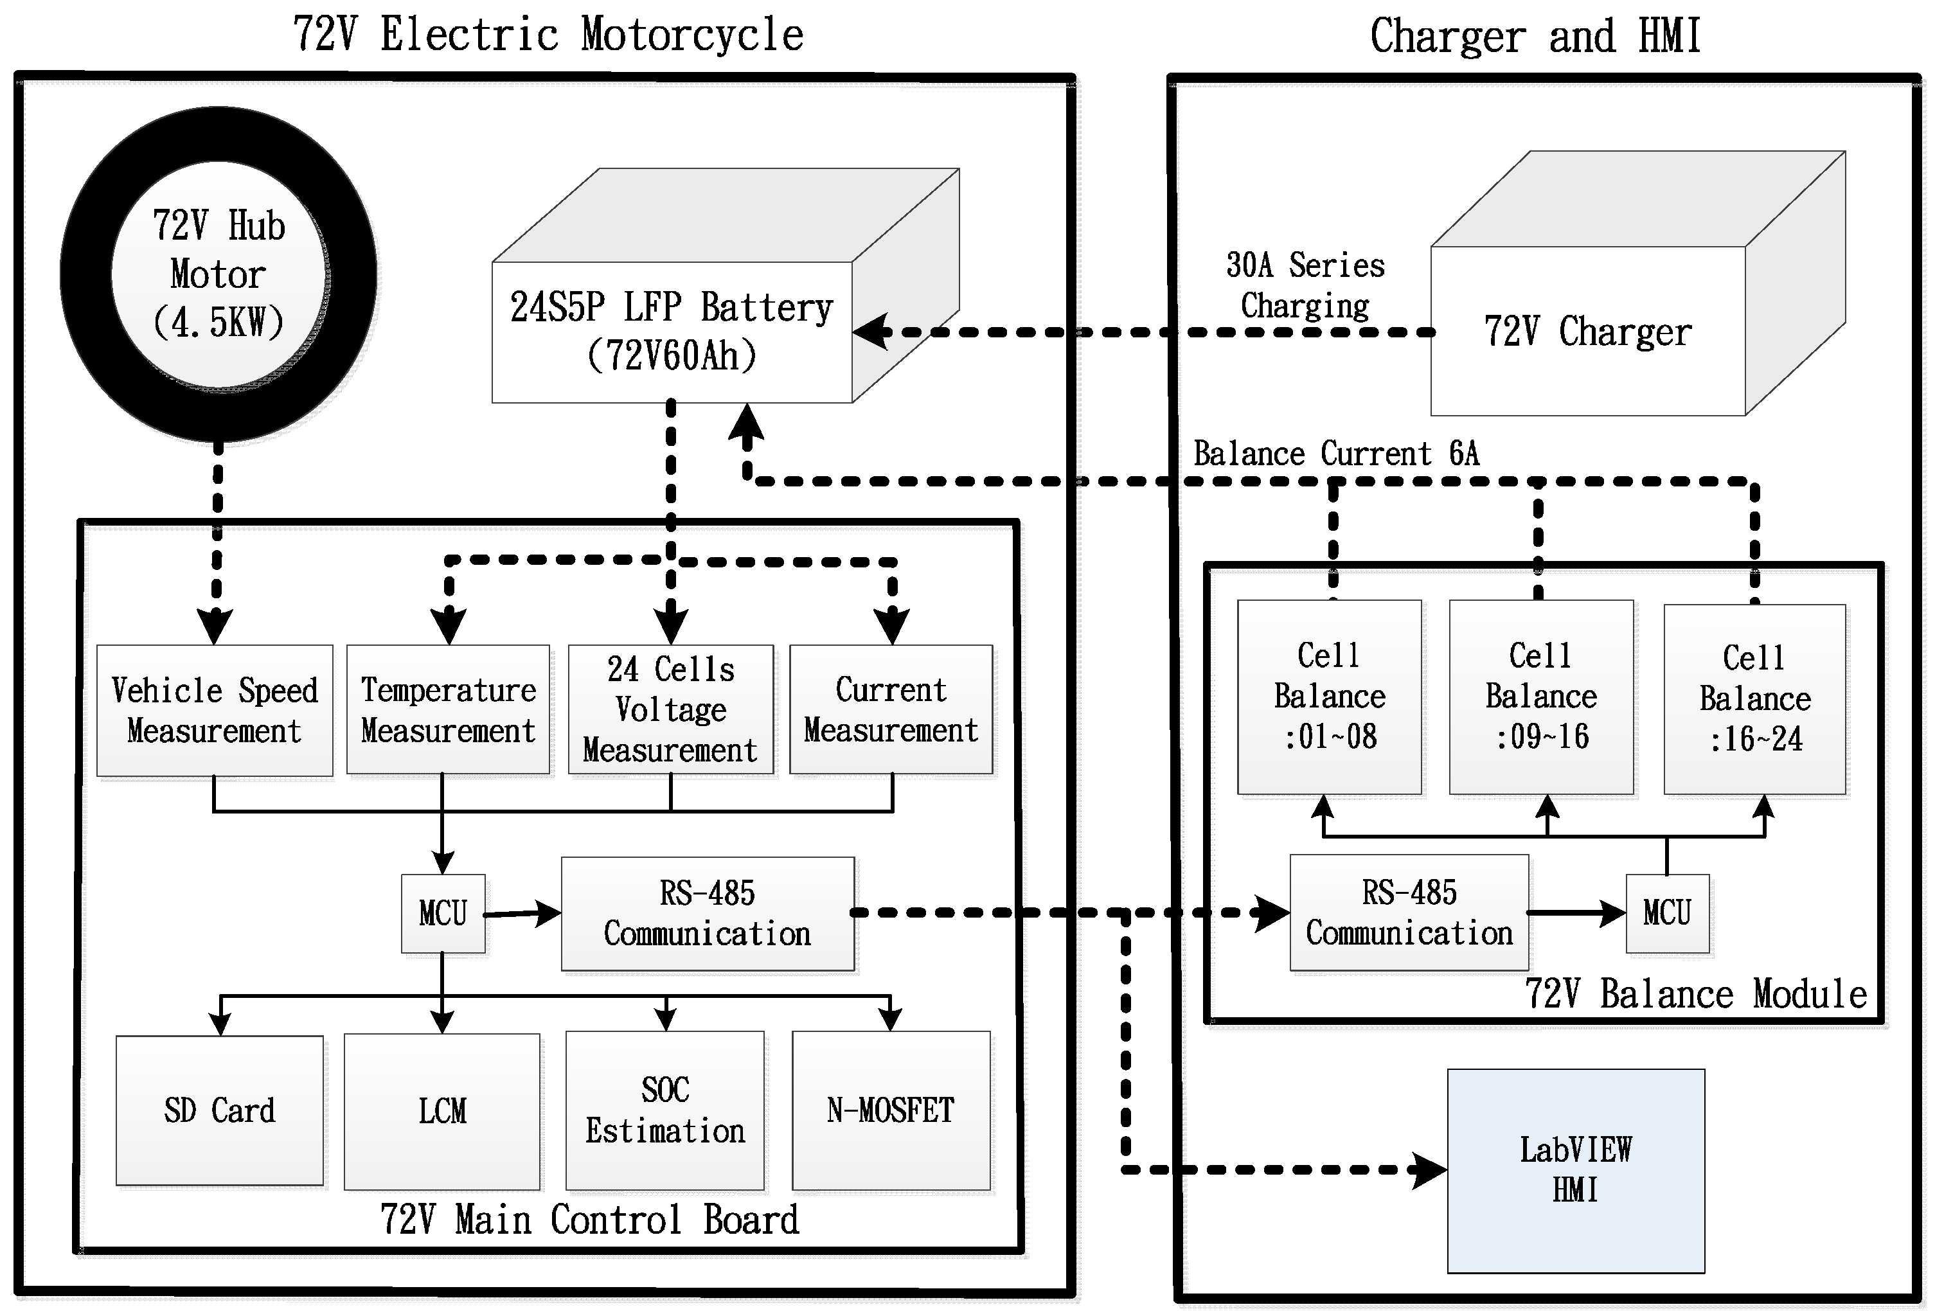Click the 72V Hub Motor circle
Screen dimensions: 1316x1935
point(218,274)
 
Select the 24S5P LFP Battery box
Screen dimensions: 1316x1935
point(671,332)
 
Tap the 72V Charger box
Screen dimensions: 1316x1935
point(1587,332)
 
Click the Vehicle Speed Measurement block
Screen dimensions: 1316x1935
point(214,710)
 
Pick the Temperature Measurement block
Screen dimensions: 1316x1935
point(448,709)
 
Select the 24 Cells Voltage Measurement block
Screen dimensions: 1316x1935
point(670,709)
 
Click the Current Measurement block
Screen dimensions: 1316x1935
point(891,709)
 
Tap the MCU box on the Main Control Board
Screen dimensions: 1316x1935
point(443,913)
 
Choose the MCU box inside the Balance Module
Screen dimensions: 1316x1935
point(1667,913)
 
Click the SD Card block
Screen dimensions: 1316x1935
point(219,1110)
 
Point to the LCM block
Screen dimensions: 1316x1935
point(442,1110)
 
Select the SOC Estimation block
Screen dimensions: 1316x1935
point(664,1110)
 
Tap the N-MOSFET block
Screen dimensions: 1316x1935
point(891,1110)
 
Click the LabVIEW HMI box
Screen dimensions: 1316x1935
point(1575,1169)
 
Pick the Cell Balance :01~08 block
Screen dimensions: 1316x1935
point(1329,697)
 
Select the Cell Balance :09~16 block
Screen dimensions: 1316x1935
point(1541,697)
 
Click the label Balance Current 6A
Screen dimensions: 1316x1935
point(1336,454)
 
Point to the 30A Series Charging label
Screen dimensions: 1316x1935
point(1305,285)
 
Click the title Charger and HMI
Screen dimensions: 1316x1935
point(1535,36)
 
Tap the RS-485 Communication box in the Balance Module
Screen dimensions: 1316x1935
point(1409,912)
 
